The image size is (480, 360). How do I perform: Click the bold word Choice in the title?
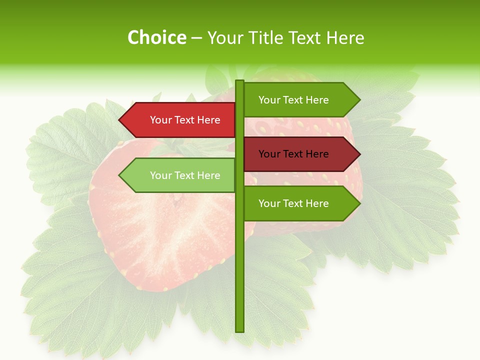[x=156, y=38]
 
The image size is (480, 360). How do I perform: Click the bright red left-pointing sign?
[x=180, y=120]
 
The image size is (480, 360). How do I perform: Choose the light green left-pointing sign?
[x=180, y=175]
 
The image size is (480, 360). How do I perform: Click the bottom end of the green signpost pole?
[x=240, y=330]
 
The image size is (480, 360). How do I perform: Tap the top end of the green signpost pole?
[x=240, y=82]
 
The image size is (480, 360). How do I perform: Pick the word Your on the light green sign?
[x=160, y=175]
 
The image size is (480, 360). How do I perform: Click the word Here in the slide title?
[x=345, y=38]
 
